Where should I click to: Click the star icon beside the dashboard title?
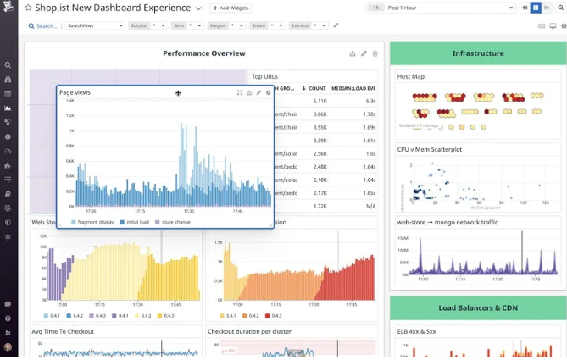click(x=28, y=8)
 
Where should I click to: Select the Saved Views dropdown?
click(x=95, y=25)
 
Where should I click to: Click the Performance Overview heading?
click(x=203, y=53)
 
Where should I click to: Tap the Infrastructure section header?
click(x=477, y=53)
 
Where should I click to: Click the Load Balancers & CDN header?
click(x=477, y=307)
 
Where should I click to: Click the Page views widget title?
click(x=75, y=92)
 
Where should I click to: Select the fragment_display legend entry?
click(x=95, y=222)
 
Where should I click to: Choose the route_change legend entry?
click(x=175, y=222)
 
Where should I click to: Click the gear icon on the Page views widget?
click(x=269, y=92)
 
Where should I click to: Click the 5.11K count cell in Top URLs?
click(x=319, y=101)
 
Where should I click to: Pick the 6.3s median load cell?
click(x=370, y=101)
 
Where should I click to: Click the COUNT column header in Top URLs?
click(x=317, y=88)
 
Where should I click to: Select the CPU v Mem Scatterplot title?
click(x=430, y=149)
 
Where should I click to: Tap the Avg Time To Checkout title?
click(x=63, y=331)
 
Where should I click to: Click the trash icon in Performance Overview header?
click(x=375, y=53)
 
